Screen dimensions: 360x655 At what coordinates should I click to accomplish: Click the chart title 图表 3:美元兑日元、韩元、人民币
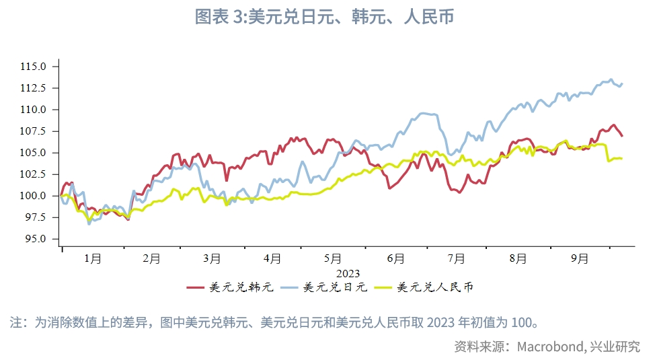click(x=324, y=17)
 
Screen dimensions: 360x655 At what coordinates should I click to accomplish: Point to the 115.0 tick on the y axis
click(x=34, y=67)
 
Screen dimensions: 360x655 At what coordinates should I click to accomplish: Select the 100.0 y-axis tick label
click(x=34, y=196)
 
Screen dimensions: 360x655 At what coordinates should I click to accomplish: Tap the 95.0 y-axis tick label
click(x=35, y=239)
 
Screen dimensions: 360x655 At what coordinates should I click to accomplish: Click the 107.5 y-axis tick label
click(x=34, y=131)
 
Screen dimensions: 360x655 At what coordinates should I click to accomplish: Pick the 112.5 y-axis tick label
click(x=34, y=88)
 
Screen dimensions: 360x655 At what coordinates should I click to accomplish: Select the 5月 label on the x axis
click(x=333, y=258)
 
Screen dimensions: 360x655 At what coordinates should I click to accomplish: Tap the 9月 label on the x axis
click(x=580, y=258)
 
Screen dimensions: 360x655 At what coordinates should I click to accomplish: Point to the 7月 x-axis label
click(x=456, y=258)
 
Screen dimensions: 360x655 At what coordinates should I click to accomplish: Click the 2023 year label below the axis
click(x=348, y=273)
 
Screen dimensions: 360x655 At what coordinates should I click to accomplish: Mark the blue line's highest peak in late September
click(x=611, y=79)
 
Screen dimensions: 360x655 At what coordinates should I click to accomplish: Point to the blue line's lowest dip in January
click(x=89, y=223)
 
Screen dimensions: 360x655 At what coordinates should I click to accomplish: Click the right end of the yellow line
click(x=621, y=159)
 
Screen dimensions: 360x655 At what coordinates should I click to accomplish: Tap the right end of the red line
click(x=622, y=136)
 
